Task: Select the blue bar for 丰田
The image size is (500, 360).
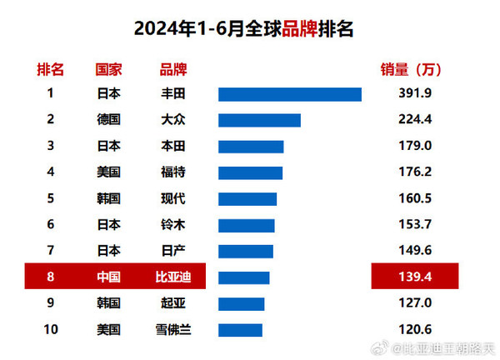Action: point(289,94)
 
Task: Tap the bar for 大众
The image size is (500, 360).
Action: point(259,120)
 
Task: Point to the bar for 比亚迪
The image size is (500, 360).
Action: point(243,277)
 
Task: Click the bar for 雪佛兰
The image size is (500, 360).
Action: point(240,330)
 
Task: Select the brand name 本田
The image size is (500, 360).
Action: point(172,147)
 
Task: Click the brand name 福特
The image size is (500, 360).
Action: point(172,172)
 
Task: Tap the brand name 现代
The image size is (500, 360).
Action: point(172,199)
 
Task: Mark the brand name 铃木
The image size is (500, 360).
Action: point(172,225)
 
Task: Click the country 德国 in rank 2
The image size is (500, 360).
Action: point(109,120)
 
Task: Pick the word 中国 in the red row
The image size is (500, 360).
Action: point(109,277)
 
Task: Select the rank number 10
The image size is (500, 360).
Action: point(51,330)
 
